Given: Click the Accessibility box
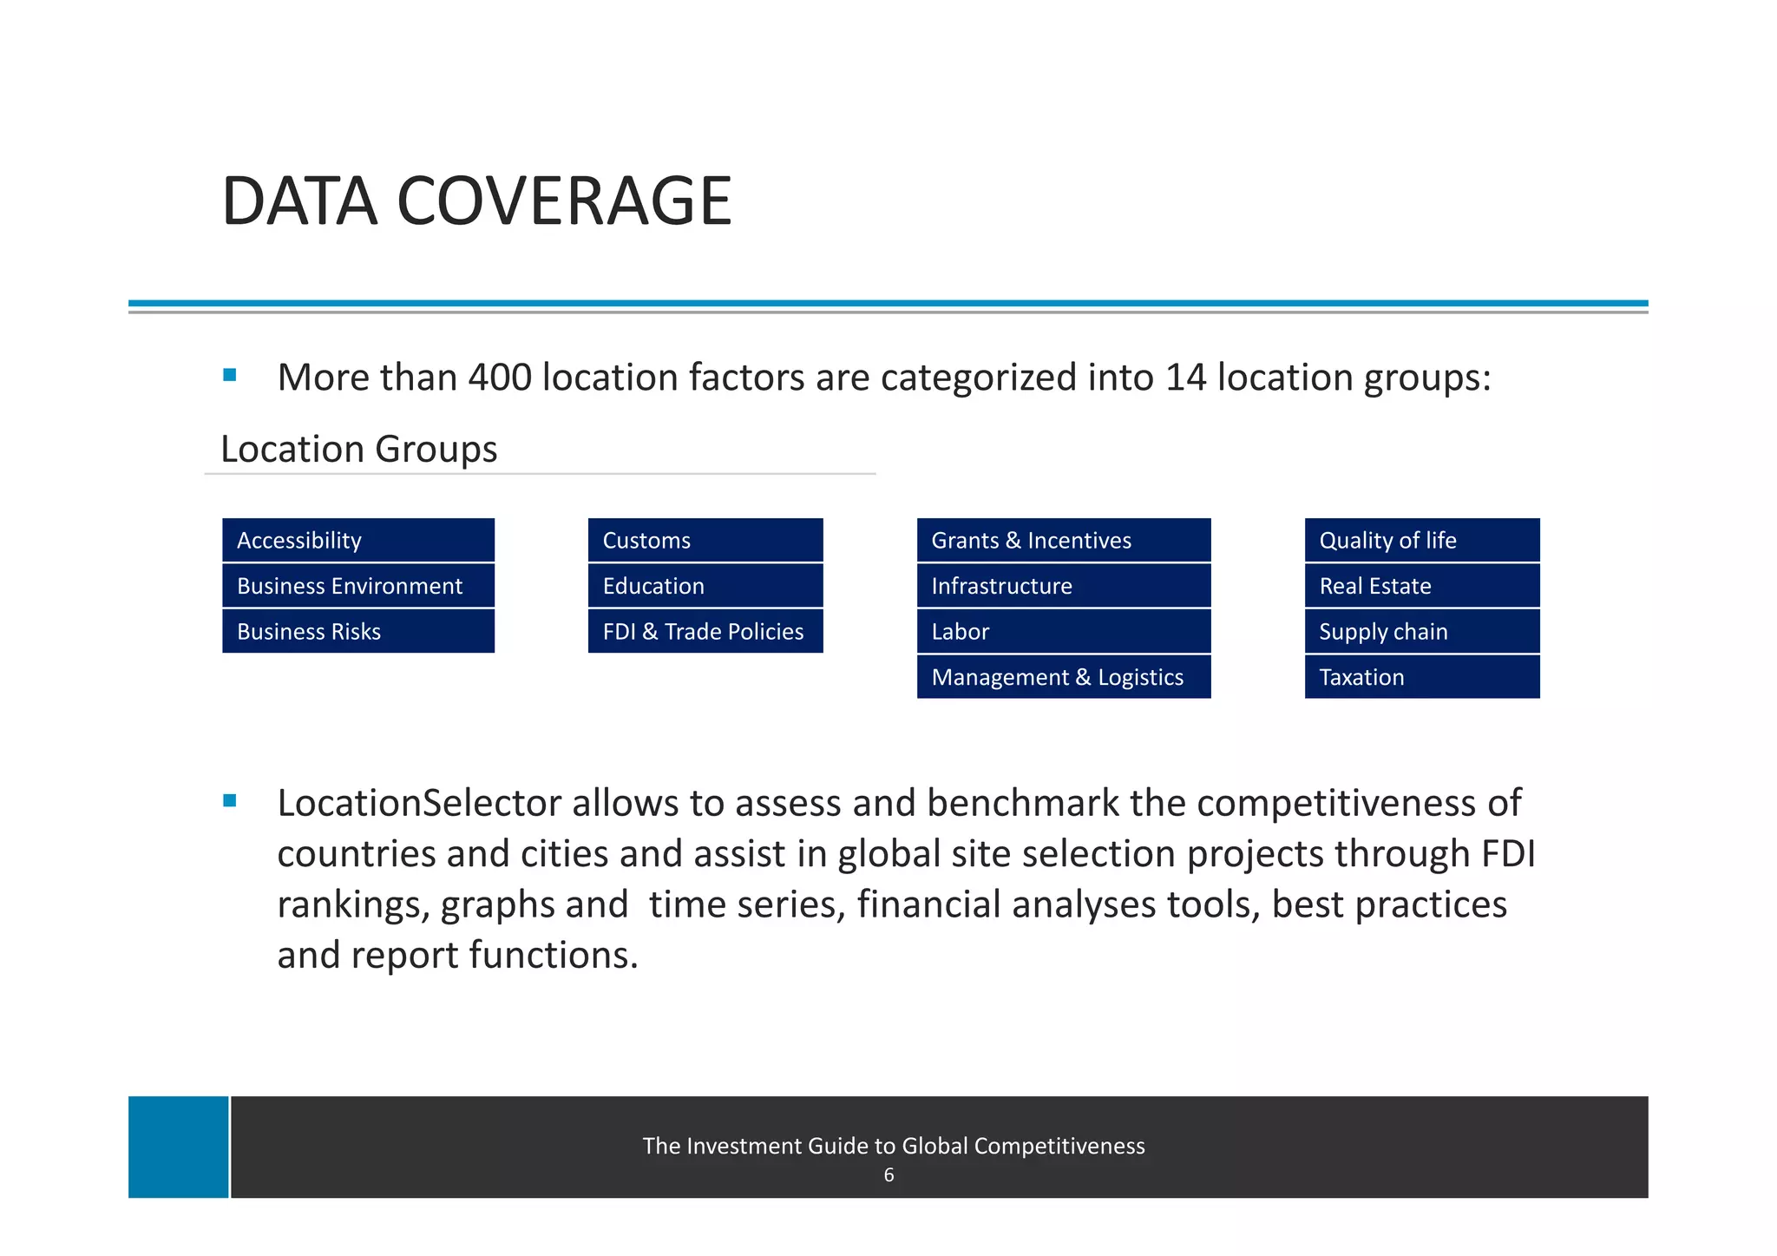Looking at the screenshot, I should pos(357,540).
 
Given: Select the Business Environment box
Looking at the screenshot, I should pos(357,586).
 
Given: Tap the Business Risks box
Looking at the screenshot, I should pos(357,631).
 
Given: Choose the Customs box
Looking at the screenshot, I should pos(705,540).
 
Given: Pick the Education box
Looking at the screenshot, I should pos(705,586).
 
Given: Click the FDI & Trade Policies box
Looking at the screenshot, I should pos(705,631).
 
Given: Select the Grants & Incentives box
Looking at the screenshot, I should pos(1063,540).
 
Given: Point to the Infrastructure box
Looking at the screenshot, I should pos(1063,586).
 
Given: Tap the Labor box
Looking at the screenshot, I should pos(1063,631).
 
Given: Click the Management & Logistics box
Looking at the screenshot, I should pos(1063,677).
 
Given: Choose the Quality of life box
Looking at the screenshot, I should pos(1421,540).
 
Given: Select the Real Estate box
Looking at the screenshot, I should pos(1421,586).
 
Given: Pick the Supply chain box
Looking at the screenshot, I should pos(1421,631).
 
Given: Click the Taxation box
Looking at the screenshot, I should pos(1421,677).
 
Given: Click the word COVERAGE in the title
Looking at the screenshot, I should pos(564,201).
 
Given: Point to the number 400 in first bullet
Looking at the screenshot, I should pos(499,378).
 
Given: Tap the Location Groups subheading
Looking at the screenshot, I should pos(358,449).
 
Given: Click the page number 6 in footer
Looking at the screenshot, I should pos(888,1175).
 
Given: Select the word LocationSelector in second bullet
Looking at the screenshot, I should pos(419,803).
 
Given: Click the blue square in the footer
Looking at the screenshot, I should pos(179,1147).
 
